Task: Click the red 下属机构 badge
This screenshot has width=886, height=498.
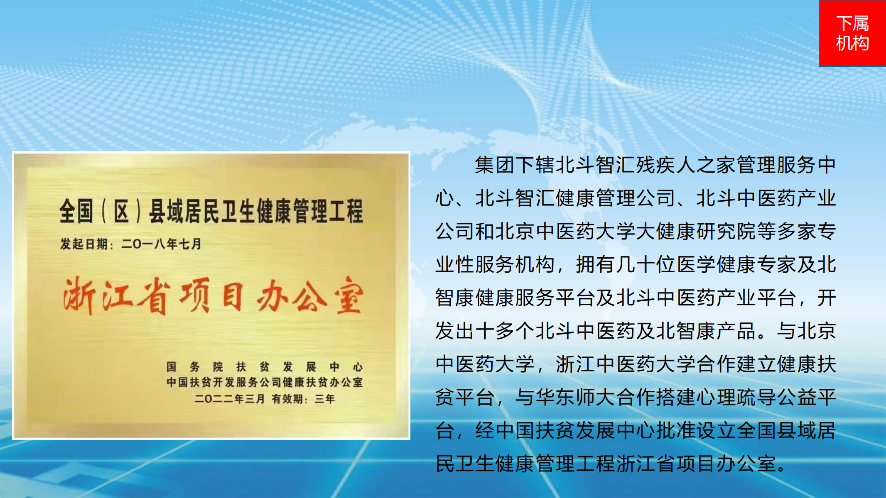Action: point(852,33)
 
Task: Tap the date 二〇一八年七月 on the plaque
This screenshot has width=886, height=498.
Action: point(162,244)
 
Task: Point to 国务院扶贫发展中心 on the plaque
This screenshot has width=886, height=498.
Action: point(265,367)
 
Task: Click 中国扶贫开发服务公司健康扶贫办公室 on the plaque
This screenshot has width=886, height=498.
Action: point(265,382)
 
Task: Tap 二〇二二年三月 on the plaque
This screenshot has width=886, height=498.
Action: point(230,399)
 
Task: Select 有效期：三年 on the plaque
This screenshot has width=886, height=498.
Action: point(304,399)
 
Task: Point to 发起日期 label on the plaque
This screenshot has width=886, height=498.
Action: point(84,244)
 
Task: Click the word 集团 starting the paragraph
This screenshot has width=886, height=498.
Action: point(495,165)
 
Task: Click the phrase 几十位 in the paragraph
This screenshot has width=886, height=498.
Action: point(646,265)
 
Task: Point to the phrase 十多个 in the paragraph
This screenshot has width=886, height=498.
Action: point(505,331)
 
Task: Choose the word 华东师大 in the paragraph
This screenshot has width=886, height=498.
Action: point(575,398)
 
